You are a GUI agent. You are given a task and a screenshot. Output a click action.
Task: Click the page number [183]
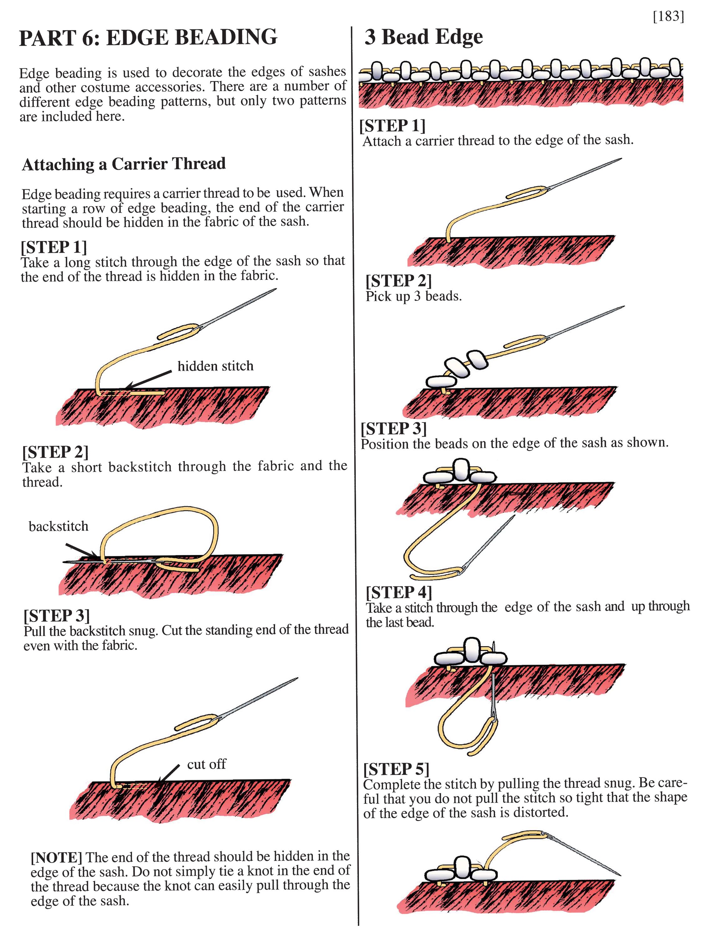click(668, 16)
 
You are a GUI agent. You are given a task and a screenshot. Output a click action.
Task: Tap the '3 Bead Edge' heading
click(424, 37)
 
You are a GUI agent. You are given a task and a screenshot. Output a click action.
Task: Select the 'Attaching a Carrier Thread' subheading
click(124, 164)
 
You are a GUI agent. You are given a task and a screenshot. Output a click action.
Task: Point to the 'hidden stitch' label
click(215, 366)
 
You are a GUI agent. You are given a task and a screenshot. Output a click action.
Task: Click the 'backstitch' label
click(59, 526)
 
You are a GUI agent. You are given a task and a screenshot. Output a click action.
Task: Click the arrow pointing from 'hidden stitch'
click(149, 379)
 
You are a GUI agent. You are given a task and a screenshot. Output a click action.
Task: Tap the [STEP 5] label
click(396, 769)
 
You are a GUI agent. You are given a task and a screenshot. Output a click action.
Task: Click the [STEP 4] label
click(399, 592)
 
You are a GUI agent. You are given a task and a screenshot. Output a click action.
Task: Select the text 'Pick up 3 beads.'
click(413, 296)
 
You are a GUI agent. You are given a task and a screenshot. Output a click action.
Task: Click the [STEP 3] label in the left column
click(56, 616)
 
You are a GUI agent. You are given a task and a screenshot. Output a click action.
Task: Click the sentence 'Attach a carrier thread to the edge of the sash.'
click(498, 141)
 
